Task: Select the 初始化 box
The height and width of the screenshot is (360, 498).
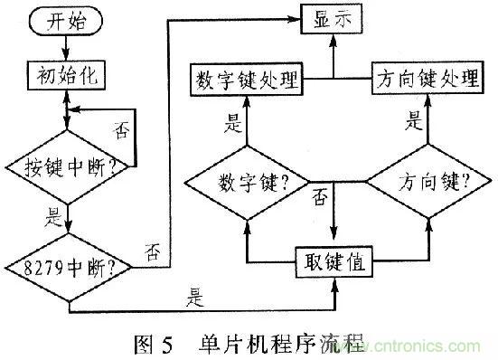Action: pos(69,77)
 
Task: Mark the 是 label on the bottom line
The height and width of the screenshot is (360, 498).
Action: pos(193,294)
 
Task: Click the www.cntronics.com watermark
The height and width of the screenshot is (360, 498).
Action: pos(416,346)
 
